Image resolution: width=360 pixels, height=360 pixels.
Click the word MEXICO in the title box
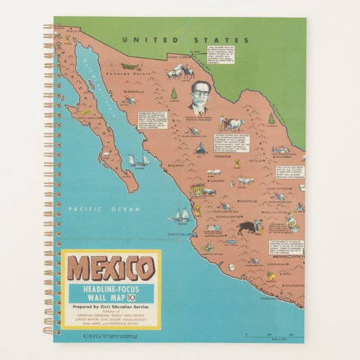tap(110, 270)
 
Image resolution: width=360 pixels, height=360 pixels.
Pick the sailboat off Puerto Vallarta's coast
tap(181, 215)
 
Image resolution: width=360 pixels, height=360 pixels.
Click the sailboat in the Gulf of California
tap(141, 160)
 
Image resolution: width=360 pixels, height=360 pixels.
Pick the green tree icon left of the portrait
tap(175, 93)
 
